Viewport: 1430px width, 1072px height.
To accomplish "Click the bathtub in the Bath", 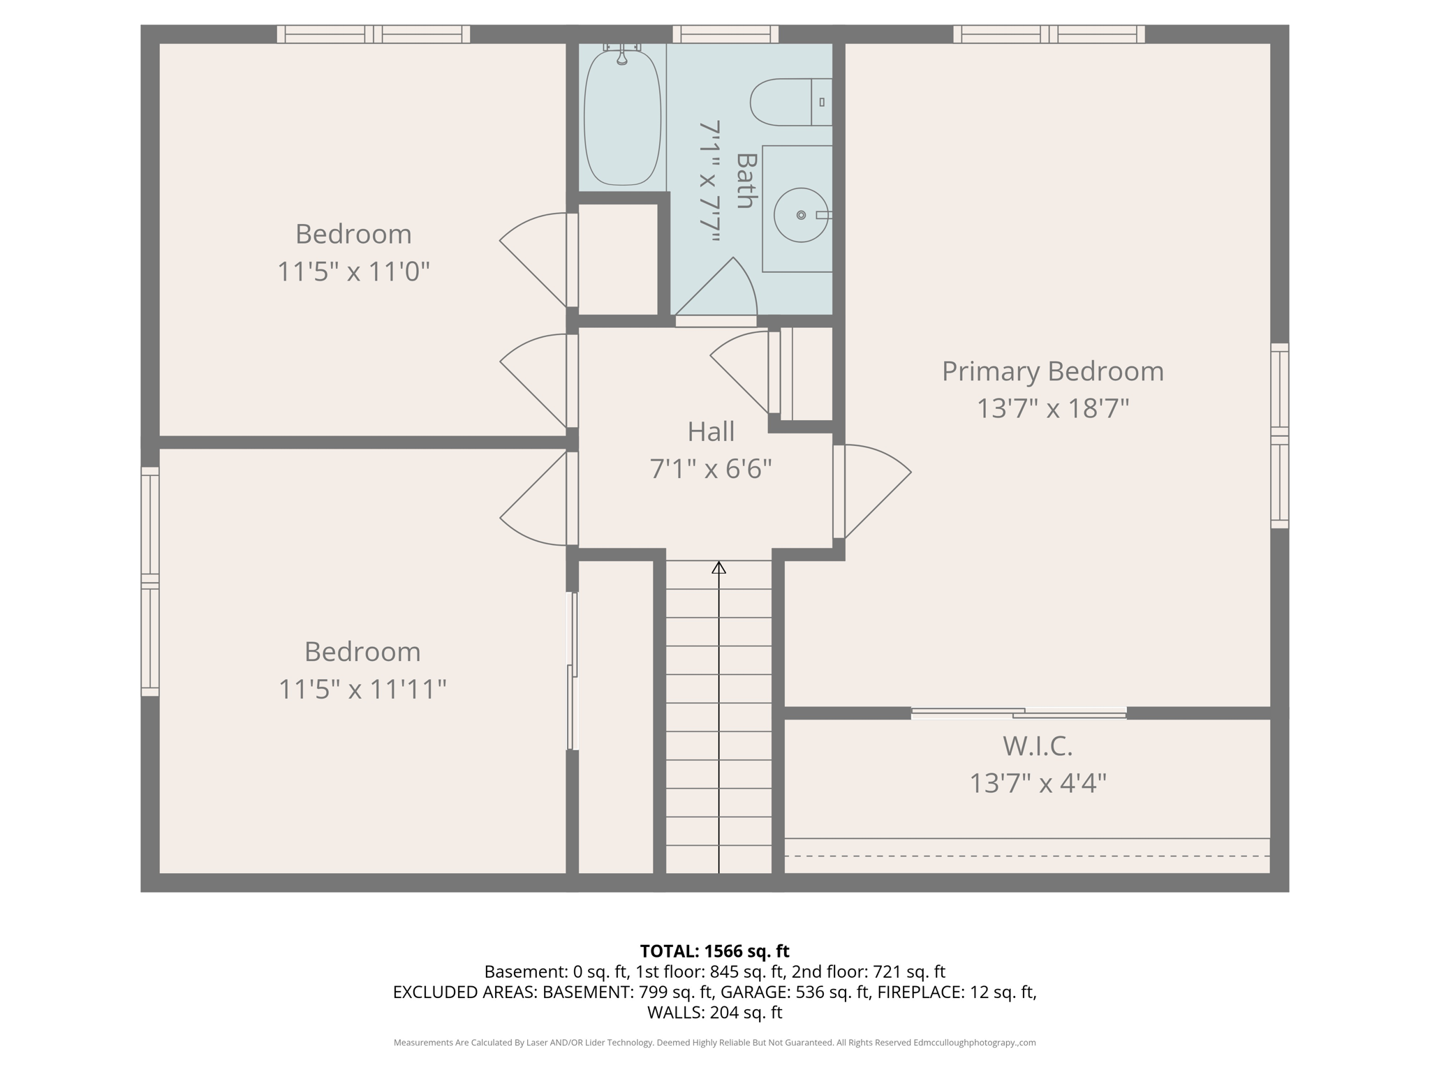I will [621, 117].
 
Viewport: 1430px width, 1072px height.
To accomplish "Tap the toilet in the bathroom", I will [789, 102].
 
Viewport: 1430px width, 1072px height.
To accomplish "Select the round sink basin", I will [800, 215].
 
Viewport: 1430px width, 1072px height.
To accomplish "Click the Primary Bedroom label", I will [1052, 371].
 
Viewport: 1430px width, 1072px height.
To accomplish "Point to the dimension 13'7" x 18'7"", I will [1052, 408].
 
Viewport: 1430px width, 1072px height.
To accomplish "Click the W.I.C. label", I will [1037, 746].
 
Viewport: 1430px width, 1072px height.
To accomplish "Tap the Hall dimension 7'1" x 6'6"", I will [711, 468].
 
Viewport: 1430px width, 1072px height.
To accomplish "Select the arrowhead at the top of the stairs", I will [718, 567].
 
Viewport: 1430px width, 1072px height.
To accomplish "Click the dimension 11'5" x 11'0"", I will [353, 271].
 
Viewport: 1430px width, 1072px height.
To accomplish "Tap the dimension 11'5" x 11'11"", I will [362, 690].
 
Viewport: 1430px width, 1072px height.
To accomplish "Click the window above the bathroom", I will [725, 33].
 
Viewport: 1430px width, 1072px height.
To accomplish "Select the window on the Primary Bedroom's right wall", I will [1279, 435].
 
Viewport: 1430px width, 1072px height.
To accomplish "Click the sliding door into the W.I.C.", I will [1019, 713].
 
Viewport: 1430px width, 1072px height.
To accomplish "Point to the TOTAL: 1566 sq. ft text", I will [714, 951].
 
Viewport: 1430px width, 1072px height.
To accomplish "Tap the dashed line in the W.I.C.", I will [1026, 856].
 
